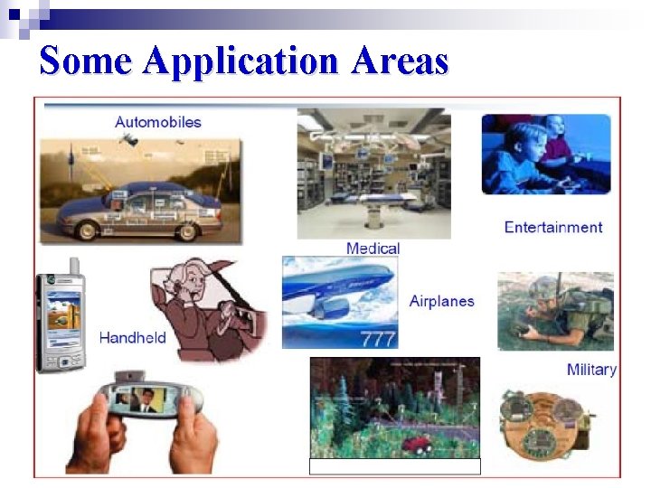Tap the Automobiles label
click(158, 121)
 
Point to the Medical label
click(373, 248)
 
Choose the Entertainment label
click(552, 227)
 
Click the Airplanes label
click(441, 301)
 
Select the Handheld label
click(133, 337)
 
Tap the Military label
click(591, 369)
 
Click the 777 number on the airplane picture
click(378, 339)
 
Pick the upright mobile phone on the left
click(61, 321)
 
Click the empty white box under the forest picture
click(395, 466)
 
